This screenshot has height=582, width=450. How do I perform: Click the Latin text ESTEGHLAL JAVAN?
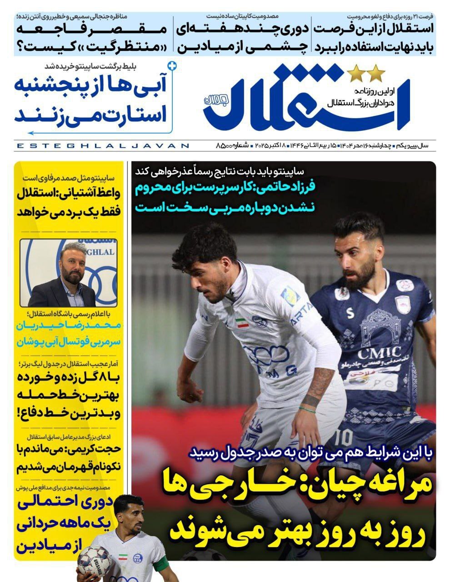102,146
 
